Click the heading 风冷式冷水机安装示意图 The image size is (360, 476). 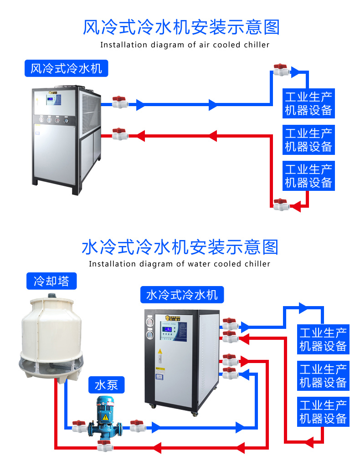pyautogui.click(x=181, y=27)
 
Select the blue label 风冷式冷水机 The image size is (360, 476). pyautogui.click(x=66, y=69)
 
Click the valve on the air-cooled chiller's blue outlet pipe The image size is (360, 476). pyautogui.click(x=119, y=102)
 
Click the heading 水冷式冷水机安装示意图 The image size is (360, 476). pyautogui.click(x=180, y=247)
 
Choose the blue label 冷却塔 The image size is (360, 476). pyautogui.click(x=51, y=281)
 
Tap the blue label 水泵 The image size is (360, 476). pyautogui.click(x=106, y=385)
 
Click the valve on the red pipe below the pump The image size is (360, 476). pyautogui.click(x=104, y=446)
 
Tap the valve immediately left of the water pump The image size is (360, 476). pyautogui.click(x=79, y=426)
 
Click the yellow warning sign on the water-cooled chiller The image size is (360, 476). pyautogui.click(x=159, y=352)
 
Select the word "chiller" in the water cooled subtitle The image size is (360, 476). pyautogui.click(x=257, y=264)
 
